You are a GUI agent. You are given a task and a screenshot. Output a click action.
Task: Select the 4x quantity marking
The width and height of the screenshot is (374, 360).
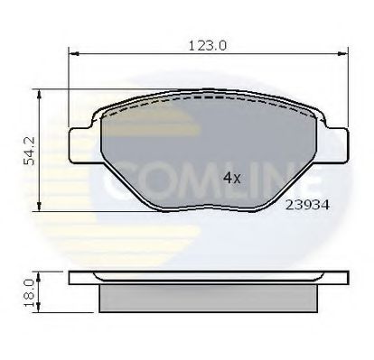coord(230,177)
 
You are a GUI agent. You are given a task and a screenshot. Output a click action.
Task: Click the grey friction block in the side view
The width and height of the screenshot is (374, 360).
coord(210,294)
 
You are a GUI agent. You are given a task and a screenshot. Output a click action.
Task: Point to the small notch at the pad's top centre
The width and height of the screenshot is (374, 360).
coord(210,93)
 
